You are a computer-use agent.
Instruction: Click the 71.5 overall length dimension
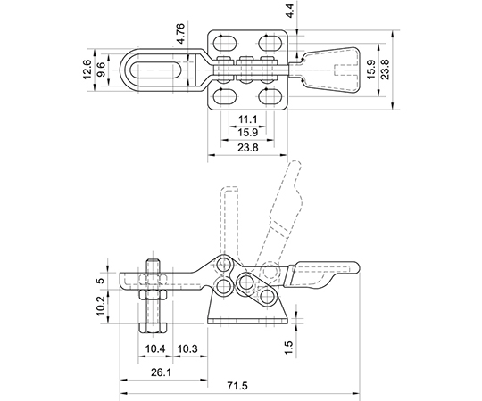coord(238,386)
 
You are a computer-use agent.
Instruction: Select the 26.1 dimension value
coord(161,372)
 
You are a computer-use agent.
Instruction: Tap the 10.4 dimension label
coord(155,348)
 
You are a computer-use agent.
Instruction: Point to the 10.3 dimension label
coord(187,348)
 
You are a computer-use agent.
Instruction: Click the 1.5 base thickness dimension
coord(289,348)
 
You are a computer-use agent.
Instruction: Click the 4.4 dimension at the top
coord(289,10)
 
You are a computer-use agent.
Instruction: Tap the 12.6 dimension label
coord(87,70)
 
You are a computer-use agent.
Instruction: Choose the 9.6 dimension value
coord(101,70)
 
